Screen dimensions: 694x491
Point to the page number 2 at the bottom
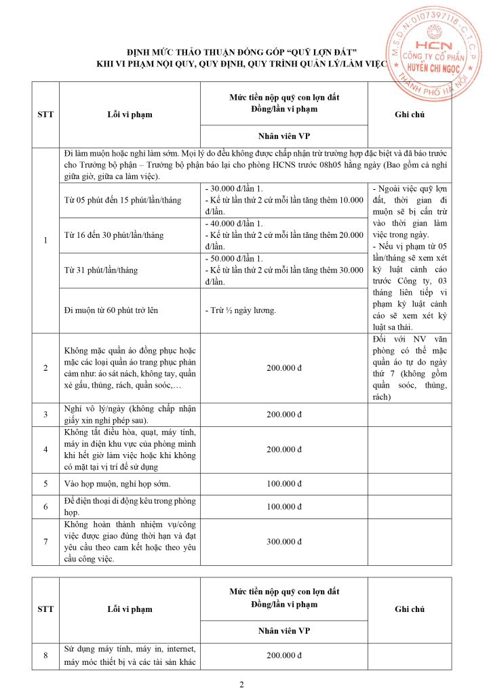pos(242,682)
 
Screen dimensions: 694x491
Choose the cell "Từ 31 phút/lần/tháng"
pos(100,270)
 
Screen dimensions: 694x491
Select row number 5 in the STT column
pos(45,484)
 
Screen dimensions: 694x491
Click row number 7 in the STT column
pos(45,542)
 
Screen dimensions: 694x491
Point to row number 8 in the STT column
pos(45,655)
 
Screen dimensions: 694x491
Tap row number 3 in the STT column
pos(45,414)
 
